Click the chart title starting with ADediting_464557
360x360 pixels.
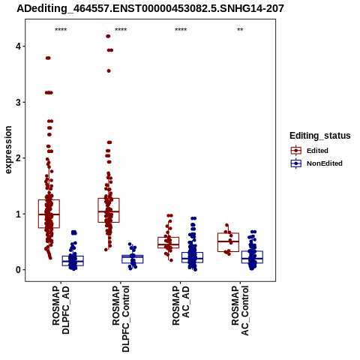[150, 8]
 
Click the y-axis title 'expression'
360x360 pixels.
[8, 150]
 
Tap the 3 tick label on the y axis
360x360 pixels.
[19, 102]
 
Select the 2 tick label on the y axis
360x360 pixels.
[19, 158]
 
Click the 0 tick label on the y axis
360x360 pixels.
[19, 270]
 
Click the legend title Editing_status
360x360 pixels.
[320, 136]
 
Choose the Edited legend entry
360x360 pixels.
[309, 151]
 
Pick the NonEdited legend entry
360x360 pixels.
[316, 163]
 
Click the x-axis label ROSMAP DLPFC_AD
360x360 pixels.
[61, 310]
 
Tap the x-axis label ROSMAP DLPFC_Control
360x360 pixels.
[121, 319]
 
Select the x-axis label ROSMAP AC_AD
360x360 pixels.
[181, 305]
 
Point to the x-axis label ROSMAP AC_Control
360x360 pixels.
[240, 310]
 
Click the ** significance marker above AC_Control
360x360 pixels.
[240, 30]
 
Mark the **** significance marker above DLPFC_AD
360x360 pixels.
[61, 30]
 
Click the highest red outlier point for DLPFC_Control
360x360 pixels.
[108, 36]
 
